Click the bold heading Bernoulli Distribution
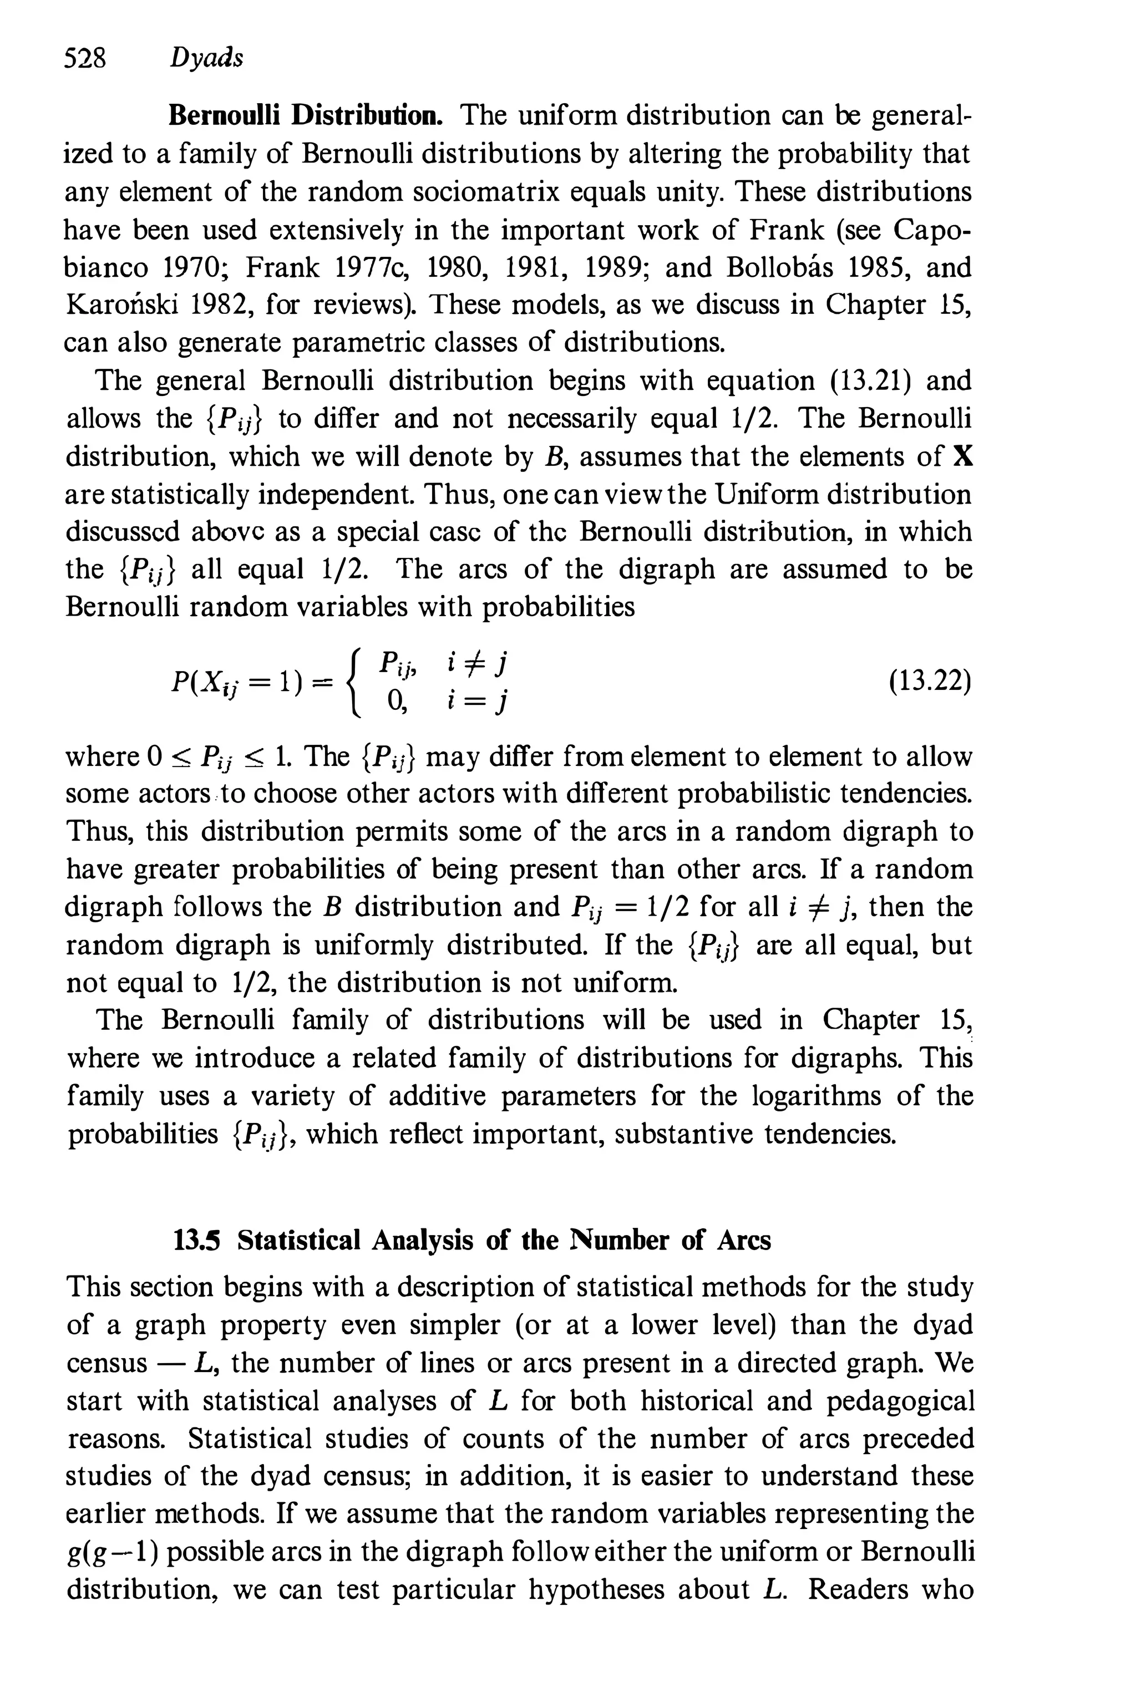305,116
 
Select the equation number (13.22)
930,682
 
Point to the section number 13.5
196,1241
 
